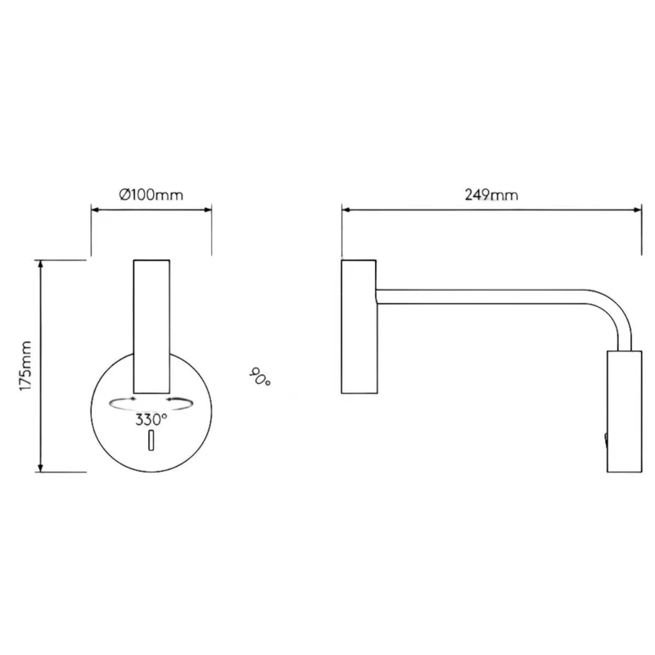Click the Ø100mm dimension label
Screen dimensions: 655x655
point(151,195)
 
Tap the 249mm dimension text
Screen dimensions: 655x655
point(491,195)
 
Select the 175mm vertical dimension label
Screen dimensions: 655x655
point(25,366)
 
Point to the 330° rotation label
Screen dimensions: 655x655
point(151,419)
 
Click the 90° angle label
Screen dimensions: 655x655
point(260,377)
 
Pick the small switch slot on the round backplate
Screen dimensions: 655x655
point(151,440)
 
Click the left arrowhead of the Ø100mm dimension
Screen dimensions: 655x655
point(95,210)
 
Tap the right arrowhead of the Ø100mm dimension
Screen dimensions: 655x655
point(208,210)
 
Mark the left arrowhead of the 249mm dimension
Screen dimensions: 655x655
point(346,210)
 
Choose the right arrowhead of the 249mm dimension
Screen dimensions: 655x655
point(638,210)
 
